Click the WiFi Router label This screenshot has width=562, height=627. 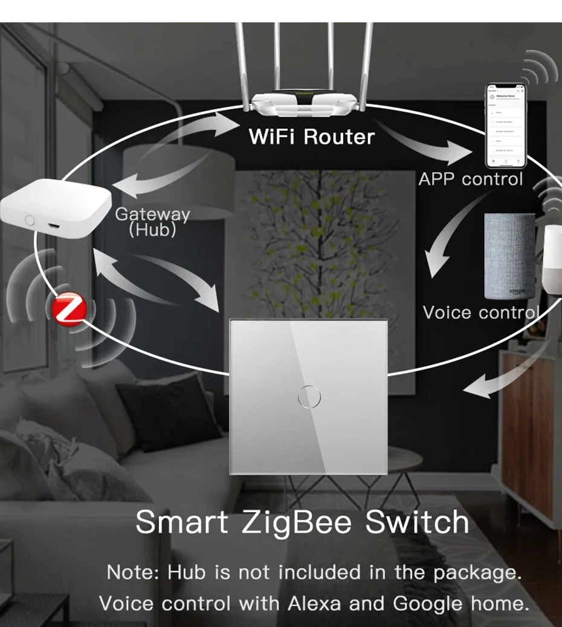point(311,137)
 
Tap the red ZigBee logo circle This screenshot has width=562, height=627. point(69,310)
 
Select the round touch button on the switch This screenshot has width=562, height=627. point(309,397)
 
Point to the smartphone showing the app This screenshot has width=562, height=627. point(507,126)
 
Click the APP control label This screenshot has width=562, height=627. point(470,179)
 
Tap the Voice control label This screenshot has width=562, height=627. point(480,312)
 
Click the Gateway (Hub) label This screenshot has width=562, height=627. point(152,221)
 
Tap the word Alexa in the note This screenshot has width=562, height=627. point(312,603)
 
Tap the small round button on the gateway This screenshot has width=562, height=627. point(29,219)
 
